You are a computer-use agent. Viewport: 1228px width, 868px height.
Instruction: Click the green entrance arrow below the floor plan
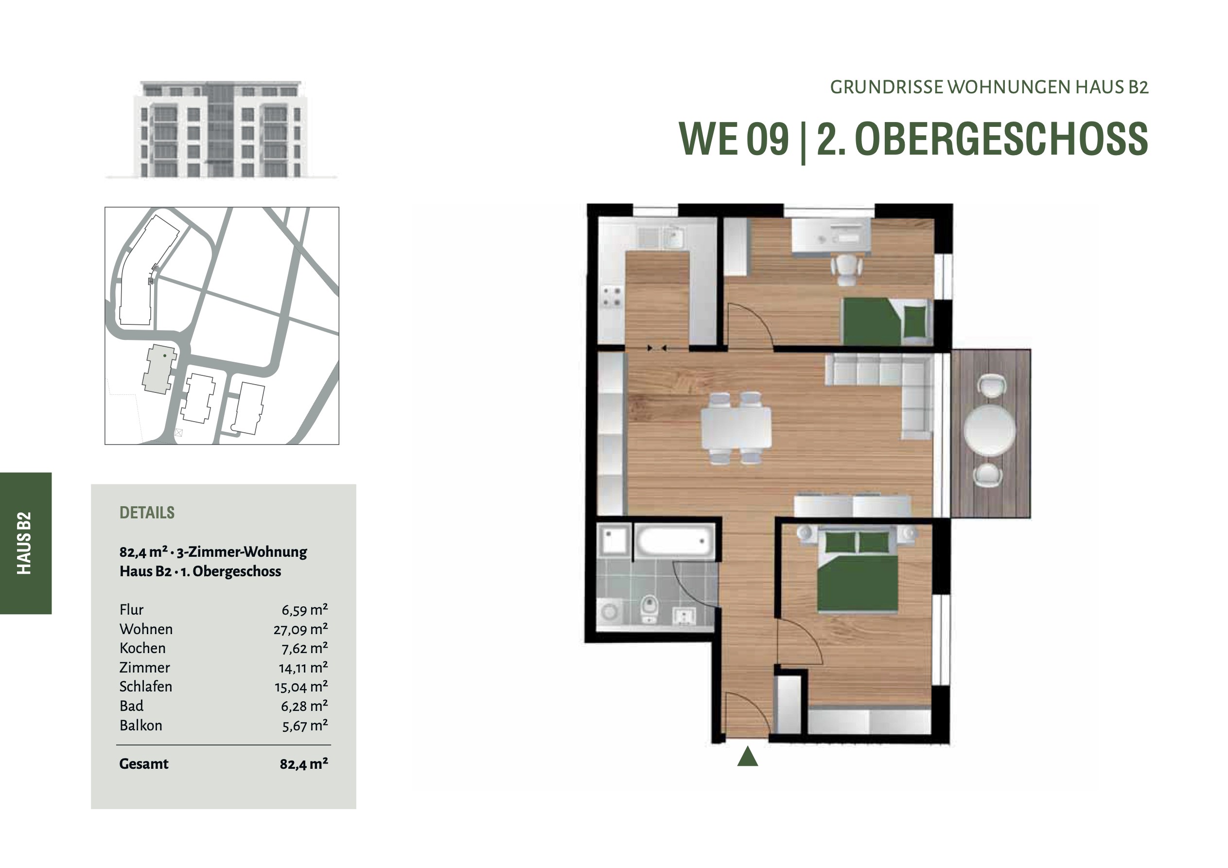[x=747, y=757]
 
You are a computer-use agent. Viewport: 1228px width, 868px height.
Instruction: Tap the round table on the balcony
[x=990, y=430]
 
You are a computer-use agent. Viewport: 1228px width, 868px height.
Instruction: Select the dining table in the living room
[x=736, y=428]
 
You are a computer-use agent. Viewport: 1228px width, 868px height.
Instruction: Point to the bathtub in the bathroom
[x=675, y=542]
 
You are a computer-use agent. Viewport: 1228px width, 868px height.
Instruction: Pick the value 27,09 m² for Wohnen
[x=300, y=629]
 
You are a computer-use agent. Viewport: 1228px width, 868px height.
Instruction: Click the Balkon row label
[x=140, y=725]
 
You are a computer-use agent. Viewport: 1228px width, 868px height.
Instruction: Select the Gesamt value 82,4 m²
[x=304, y=763]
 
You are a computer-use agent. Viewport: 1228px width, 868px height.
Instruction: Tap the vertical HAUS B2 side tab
[x=25, y=543]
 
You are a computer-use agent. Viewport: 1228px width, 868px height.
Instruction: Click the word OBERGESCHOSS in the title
[x=1001, y=139]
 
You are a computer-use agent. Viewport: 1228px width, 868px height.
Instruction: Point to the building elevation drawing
[x=221, y=129]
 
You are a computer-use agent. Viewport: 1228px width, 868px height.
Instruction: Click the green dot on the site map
[x=165, y=355]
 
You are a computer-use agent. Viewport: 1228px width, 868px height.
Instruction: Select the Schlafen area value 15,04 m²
[x=301, y=687]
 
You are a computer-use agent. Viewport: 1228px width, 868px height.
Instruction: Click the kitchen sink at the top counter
[x=673, y=237]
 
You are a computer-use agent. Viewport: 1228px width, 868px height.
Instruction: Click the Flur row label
[x=132, y=609]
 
